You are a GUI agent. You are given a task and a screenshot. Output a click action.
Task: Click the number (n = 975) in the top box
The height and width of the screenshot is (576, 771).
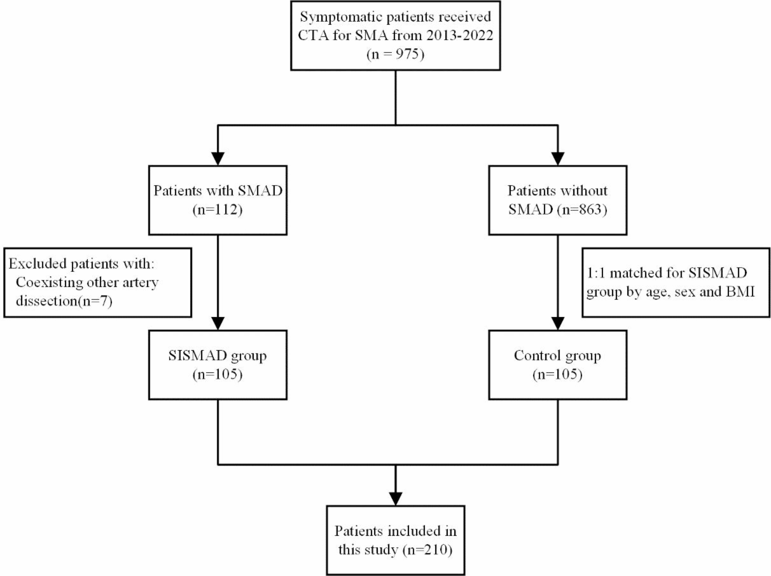tap(395, 54)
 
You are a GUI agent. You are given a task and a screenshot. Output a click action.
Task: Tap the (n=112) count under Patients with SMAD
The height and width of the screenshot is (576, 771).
tap(217, 210)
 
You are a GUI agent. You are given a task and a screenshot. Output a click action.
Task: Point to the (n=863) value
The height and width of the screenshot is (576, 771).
tap(582, 210)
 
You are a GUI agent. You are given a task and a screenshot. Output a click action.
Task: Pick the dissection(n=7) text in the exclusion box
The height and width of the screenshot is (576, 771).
tap(64, 301)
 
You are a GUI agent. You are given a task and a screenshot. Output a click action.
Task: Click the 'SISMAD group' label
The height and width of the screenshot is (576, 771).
tap(217, 356)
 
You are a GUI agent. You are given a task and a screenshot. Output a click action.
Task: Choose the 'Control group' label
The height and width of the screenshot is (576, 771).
tap(557, 356)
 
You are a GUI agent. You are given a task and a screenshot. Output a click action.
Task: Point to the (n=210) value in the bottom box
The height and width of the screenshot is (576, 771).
tap(427, 550)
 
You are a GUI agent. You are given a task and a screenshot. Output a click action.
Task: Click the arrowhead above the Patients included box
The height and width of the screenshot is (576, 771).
tap(395, 498)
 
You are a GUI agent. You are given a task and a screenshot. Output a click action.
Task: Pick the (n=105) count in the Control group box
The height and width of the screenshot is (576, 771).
tap(557, 374)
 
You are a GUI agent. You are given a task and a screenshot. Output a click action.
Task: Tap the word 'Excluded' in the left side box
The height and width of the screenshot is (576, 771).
tap(37, 263)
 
